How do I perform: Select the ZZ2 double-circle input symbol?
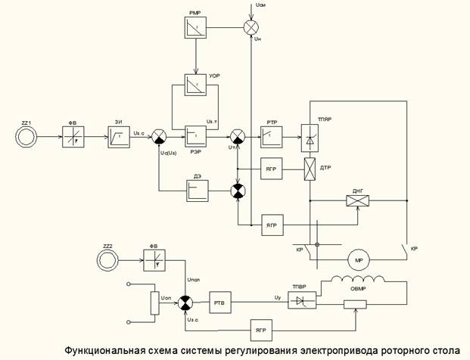[x=110, y=259]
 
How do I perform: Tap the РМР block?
[x=195, y=27]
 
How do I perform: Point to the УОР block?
[x=196, y=85]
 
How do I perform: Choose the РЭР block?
[x=196, y=136]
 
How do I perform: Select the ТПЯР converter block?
[x=310, y=136]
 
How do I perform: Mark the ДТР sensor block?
[x=310, y=168]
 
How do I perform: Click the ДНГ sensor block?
[x=356, y=200]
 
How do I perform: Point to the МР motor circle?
[x=358, y=261]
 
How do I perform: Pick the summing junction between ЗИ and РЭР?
[x=159, y=136]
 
